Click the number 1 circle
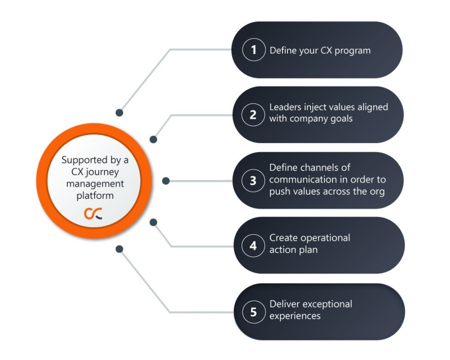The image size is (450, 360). coord(253,50)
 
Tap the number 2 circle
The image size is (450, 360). coord(253,114)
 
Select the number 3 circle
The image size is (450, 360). coord(253,180)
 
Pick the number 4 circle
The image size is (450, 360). coord(253,246)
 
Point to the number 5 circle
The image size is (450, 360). coord(253,312)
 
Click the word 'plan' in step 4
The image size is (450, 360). coord(307,249)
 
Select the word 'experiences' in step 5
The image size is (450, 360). coord(295,315)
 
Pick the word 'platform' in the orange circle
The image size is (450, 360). coord(95,195)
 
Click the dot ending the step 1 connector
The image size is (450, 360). coord(119,113)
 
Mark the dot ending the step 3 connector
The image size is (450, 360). coord(166,180)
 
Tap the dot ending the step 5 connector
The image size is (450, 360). coord(119,248)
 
